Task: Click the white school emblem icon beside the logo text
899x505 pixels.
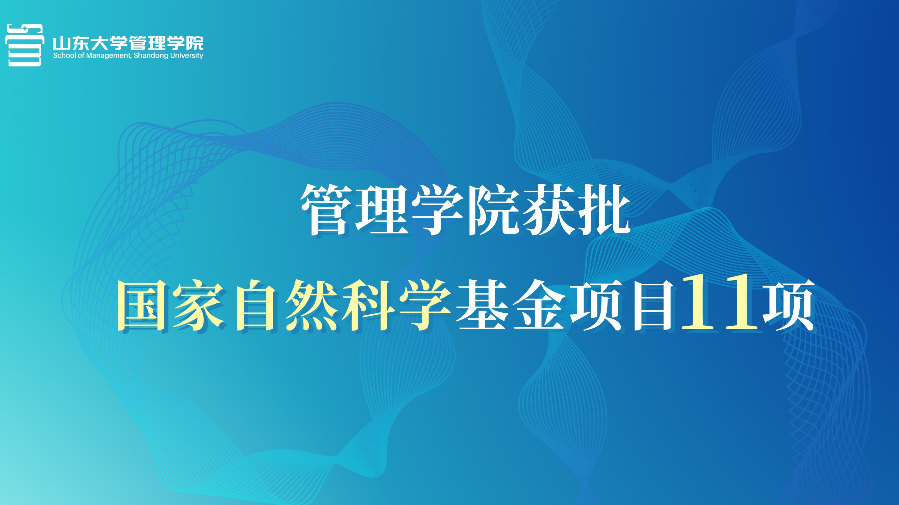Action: [x=24, y=45]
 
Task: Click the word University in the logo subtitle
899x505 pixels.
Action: [x=187, y=56]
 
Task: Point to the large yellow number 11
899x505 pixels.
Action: [x=719, y=302]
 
